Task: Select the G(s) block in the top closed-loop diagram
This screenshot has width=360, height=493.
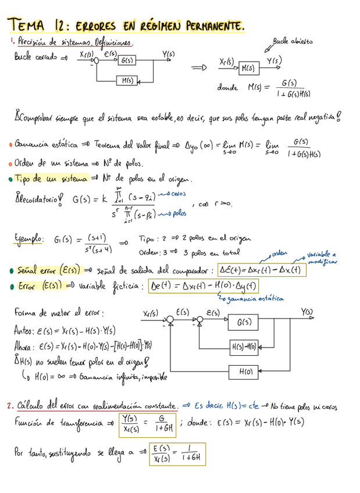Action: pyautogui.click(x=126, y=60)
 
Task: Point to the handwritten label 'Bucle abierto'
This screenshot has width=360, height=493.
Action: pyautogui.click(x=293, y=42)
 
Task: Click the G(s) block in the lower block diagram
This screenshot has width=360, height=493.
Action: pyautogui.click(x=244, y=322)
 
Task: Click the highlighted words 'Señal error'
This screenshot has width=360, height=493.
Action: pyautogui.click(x=35, y=270)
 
